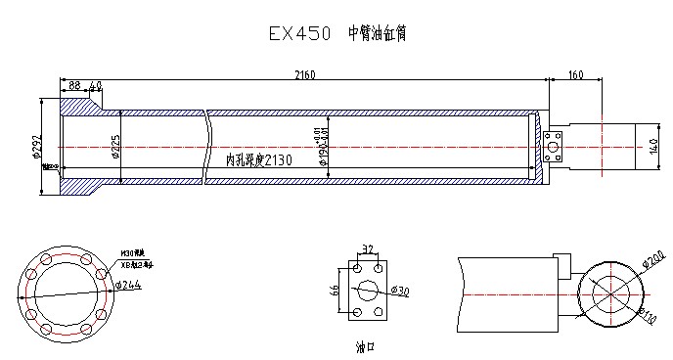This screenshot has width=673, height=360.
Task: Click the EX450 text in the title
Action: (x=301, y=33)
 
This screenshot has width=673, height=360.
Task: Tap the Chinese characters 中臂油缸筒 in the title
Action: (x=377, y=33)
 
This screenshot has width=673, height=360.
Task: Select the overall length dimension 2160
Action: (x=306, y=74)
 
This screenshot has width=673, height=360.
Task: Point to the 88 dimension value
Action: (x=74, y=87)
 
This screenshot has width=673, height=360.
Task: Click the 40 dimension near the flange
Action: (x=95, y=87)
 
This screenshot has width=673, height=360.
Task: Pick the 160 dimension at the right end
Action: (x=575, y=74)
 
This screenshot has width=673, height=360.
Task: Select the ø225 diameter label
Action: (x=114, y=146)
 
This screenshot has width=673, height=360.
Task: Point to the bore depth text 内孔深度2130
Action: (x=258, y=159)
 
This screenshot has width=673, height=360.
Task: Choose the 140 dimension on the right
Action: (x=654, y=147)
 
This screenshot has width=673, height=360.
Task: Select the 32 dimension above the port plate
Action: (x=367, y=249)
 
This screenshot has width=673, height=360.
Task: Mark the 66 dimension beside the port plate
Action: (x=335, y=290)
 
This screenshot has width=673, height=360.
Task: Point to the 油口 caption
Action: (x=366, y=345)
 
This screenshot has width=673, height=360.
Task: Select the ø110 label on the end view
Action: (x=647, y=314)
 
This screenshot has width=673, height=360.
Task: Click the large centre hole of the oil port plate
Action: (x=367, y=290)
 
